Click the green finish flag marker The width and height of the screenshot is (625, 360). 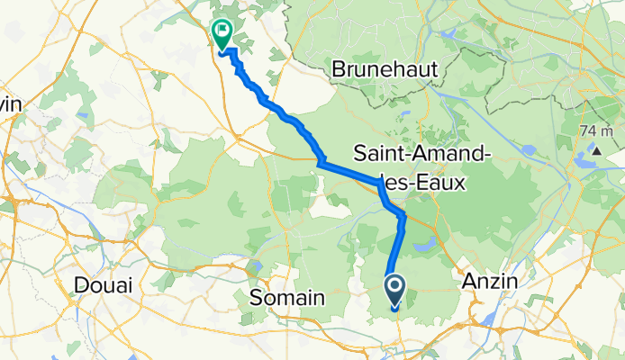[x=221, y=33]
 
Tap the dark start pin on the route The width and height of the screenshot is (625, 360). [x=394, y=290]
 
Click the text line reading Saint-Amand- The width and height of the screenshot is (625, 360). [x=423, y=152]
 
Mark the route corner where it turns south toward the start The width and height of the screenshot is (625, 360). [x=403, y=217]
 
